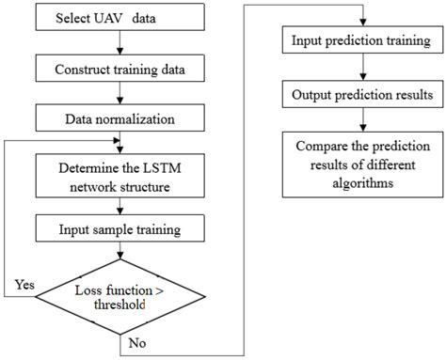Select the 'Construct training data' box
point(119,70)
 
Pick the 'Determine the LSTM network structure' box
point(119,176)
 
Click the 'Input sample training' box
point(119,228)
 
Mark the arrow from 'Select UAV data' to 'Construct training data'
point(119,45)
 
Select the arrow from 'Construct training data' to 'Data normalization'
point(119,94)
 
